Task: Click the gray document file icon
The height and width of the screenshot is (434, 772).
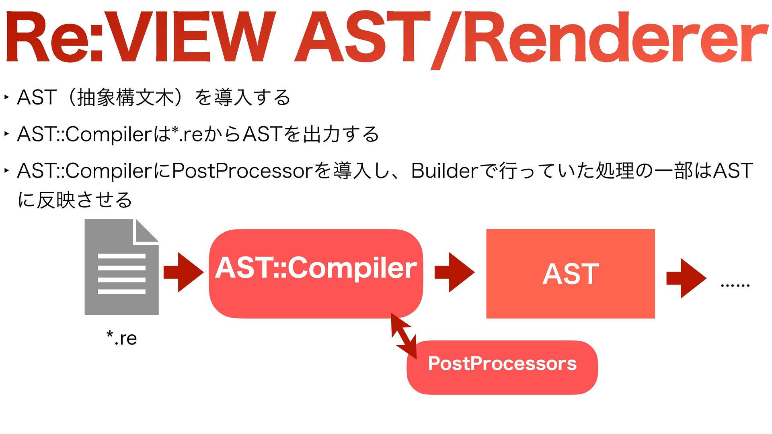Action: [x=121, y=267]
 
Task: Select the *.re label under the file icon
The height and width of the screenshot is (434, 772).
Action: [x=121, y=338]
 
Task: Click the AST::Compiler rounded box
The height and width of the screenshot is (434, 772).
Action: [x=316, y=273]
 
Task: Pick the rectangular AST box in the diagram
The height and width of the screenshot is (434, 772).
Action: [x=570, y=274]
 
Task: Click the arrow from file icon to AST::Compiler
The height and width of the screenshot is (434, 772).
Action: [x=183, y=272]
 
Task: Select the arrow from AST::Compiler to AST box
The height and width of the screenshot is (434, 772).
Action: [x=454, y=272]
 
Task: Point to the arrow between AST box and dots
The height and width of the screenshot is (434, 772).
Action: [x=686, y=278]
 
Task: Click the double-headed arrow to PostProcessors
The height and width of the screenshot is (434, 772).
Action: [x=404, y=336]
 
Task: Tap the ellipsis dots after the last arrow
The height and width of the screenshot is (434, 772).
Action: [x=735, y=285]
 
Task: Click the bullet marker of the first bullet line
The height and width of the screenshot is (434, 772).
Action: [x=6, y=97]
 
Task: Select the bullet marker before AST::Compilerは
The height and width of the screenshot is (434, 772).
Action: [x=6, y=134]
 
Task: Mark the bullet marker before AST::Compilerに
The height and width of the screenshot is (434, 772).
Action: [x=6, y=170]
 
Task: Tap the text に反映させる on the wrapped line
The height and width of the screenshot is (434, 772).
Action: [x=75, y=200]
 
